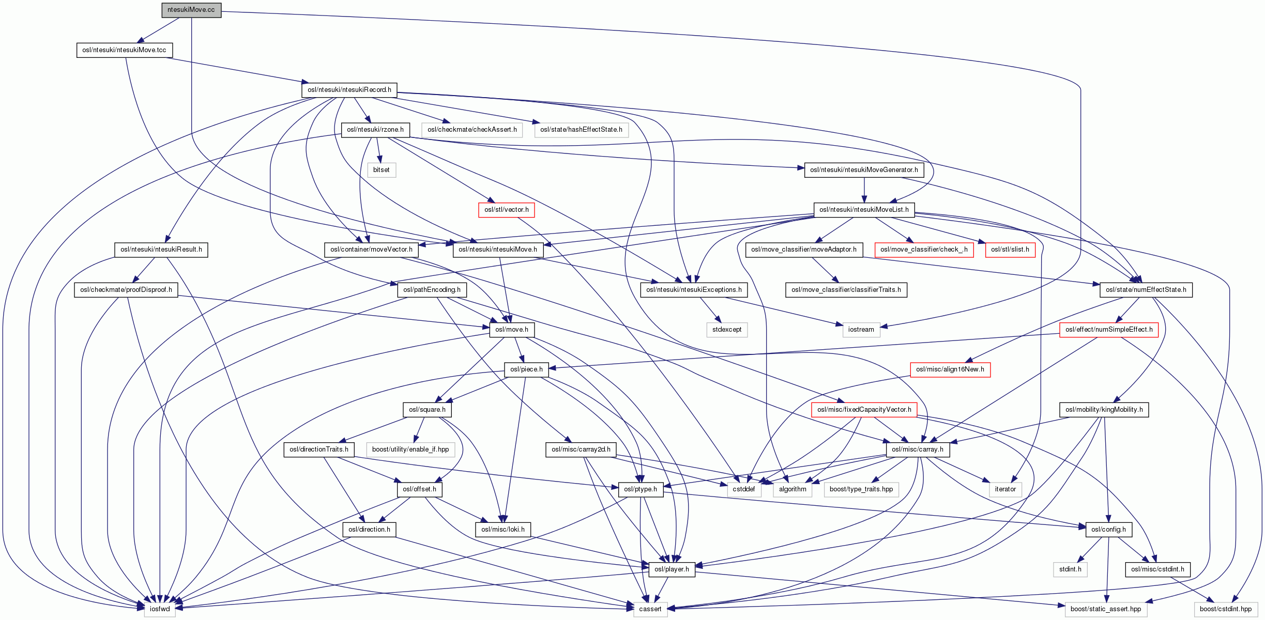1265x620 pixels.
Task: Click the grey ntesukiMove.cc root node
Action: [191, 10]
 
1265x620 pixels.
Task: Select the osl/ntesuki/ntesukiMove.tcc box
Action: [124, 50]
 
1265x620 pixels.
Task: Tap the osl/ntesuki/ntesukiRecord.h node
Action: [349, 90]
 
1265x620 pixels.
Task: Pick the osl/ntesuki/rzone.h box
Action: [375, 130]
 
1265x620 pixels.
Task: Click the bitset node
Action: [381, 170]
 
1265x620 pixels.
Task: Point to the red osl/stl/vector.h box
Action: [506, 210]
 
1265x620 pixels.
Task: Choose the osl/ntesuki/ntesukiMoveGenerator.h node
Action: [863, 170]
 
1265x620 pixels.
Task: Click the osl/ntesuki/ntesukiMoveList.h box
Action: [863, 210]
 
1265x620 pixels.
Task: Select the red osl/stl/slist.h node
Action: [1010, 250]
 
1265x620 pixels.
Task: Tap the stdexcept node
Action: [726, 330]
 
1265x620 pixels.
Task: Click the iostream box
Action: [861, 330]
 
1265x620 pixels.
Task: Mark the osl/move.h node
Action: [511, 330]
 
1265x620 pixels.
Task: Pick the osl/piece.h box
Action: [526, 369]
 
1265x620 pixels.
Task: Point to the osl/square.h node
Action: [426, 410]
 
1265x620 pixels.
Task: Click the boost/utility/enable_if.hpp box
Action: [410, 450]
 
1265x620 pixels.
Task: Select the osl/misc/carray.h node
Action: [917, 450]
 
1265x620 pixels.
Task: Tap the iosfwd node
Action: [159, 609]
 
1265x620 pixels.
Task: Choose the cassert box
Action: [650, 609]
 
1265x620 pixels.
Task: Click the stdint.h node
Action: [1070, 569]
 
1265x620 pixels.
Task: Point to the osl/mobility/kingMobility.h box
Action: [1103, 410]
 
